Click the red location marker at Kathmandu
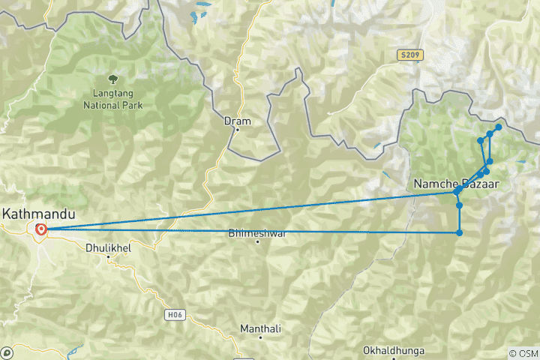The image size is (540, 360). (40, 229)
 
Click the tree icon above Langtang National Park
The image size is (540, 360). (112, 78)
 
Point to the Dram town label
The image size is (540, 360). (238, 120)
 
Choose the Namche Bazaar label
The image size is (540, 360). (456, 183)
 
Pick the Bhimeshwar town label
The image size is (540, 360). (257, 233)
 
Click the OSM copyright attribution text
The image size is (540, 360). (523, 353)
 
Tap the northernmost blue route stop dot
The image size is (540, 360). (498, 127)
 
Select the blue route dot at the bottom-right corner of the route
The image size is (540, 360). (459, 232)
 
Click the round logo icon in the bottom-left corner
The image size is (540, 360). (7, 352)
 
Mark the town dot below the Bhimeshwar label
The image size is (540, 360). (257, 241)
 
